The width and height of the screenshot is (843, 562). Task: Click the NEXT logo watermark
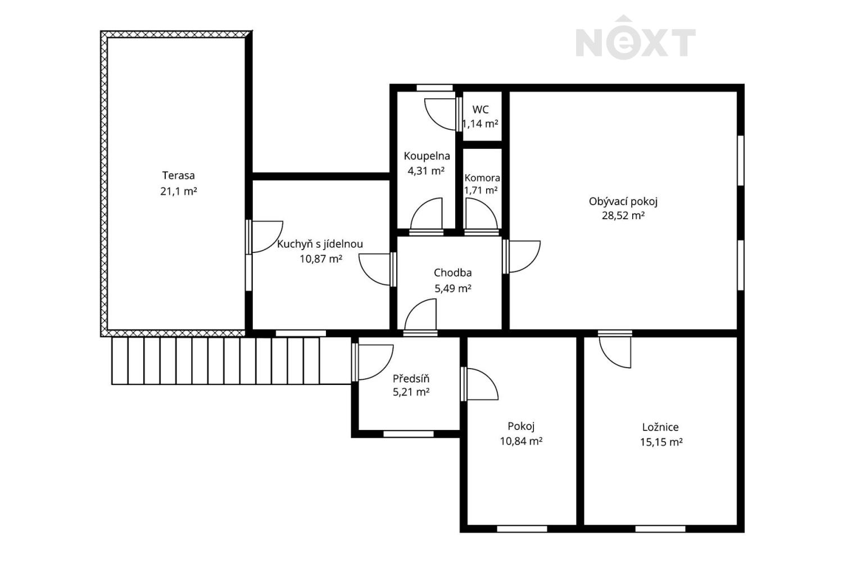pos(635,37)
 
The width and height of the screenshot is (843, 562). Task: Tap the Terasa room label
pos(178,175)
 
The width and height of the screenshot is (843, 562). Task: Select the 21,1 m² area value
pos(178,191)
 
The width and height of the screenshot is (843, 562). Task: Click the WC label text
pos(481,110)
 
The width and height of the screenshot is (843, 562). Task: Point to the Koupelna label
pos(427,156)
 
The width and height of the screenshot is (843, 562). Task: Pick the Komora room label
pos(482,178)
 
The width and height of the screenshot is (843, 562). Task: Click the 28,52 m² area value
pos(623,216)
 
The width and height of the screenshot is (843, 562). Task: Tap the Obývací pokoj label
pos(623,202)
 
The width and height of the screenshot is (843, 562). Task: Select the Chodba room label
pos(453,273)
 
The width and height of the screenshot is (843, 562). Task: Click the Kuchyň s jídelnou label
pos(320,244)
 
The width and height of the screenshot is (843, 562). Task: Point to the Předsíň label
pos(411,378)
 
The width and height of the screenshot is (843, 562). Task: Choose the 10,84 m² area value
pos(521,441)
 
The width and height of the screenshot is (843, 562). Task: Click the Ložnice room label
pos(660,427)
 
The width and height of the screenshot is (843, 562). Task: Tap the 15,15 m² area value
pos(661,442)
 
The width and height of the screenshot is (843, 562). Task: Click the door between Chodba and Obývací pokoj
pos(522,256)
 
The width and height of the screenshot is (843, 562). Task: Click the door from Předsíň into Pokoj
pos(479,384)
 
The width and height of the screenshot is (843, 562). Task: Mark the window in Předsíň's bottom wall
pos(409,434)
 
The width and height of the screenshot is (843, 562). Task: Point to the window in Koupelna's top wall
pos(434,88)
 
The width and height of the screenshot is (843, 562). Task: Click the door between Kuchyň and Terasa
pos(264,237)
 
